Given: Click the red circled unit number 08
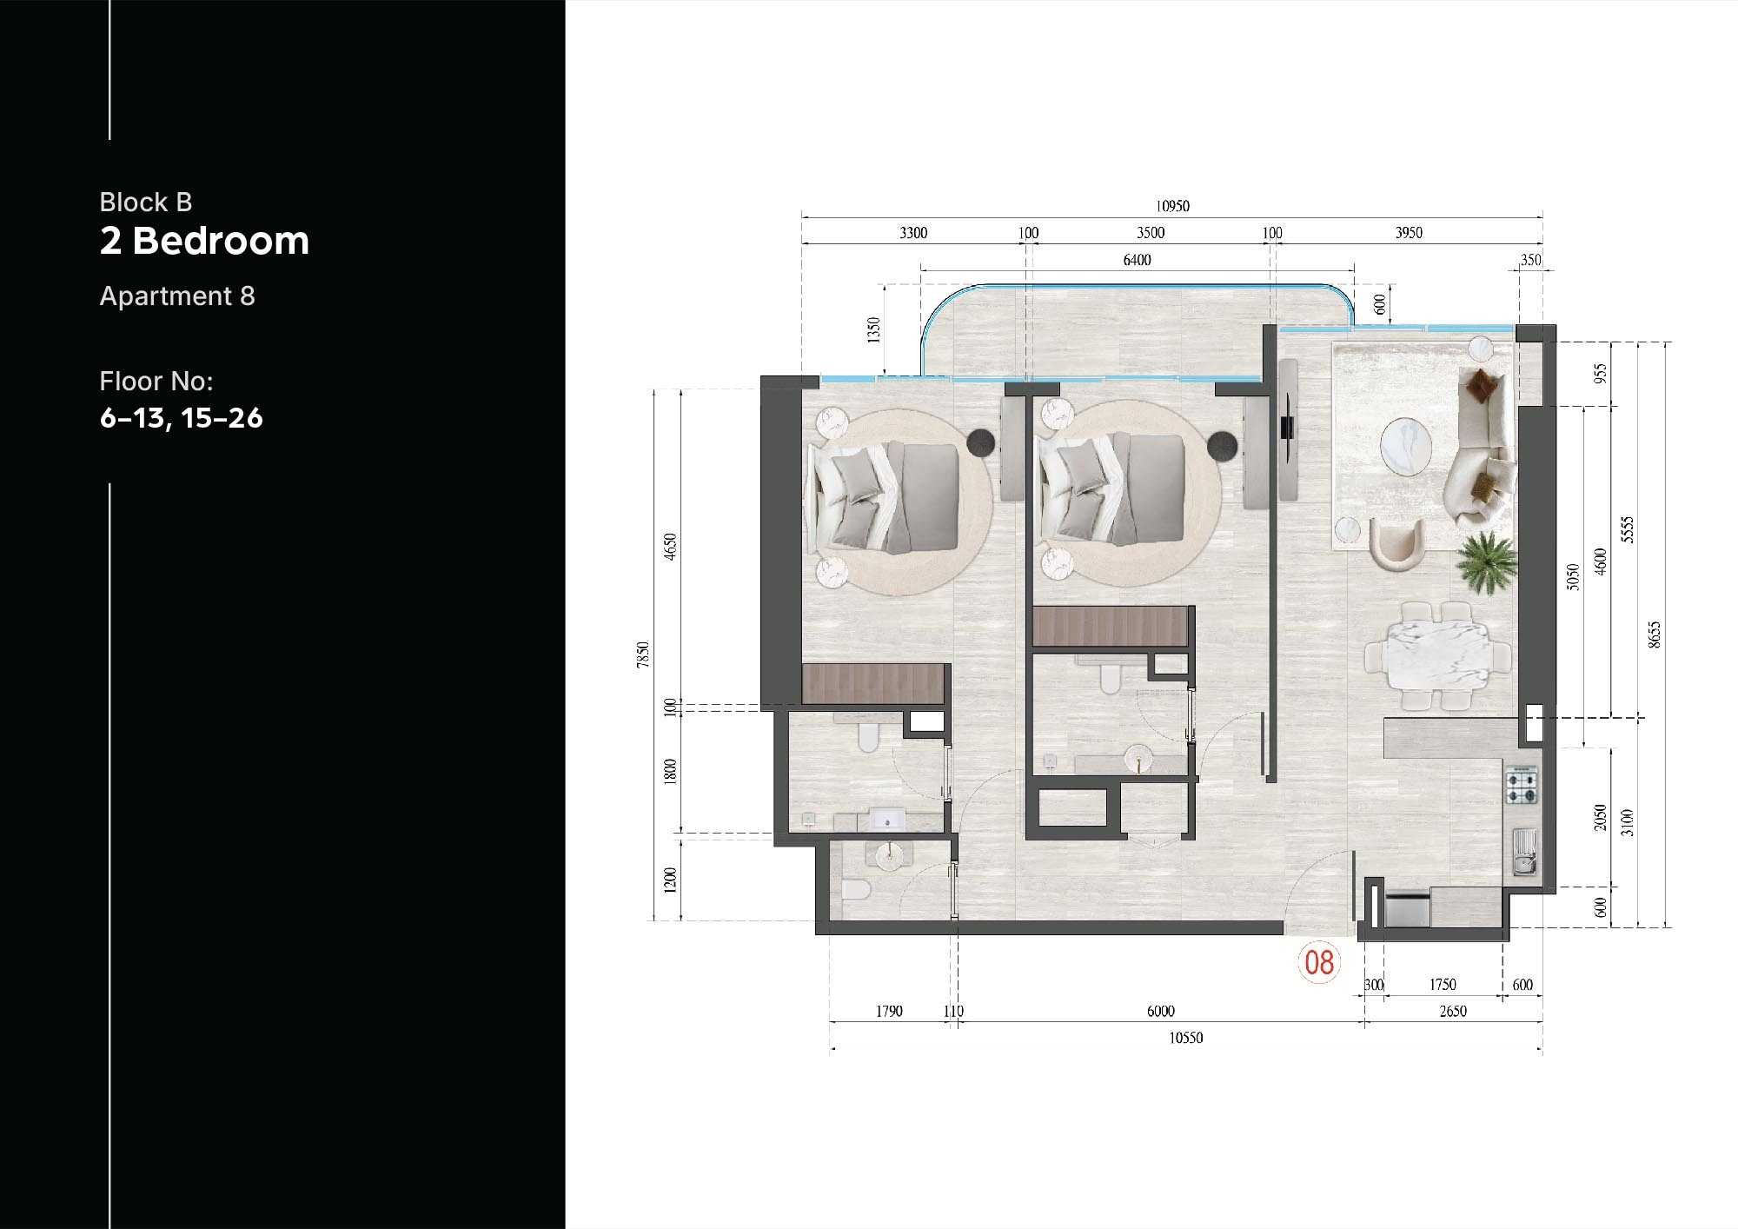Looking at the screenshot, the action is click(1319, 962).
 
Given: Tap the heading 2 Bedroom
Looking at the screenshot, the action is click(204, 241).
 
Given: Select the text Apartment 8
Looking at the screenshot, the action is click(177, 296).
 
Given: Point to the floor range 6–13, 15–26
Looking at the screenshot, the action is click(181, 418).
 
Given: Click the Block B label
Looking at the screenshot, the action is click(145, 202).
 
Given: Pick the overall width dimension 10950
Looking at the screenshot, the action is click(1172, 206).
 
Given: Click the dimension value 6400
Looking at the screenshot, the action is click(1137, 260).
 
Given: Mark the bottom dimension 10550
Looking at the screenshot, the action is click(1185, 1038).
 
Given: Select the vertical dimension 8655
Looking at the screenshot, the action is click(1655, 634).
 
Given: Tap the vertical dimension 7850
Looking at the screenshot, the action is click(642, 654).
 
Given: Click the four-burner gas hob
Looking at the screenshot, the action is click(1521, 785).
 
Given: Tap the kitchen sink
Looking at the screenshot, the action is click(1524, 852).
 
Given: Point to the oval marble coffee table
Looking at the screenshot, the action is click(1406, 447).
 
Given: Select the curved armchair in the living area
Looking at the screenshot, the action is click(1397, 543).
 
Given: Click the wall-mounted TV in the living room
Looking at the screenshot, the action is click(1287, 428).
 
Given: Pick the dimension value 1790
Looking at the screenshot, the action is click(889, 1011).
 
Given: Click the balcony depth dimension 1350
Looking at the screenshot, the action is click(874, 329).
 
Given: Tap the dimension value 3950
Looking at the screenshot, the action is click(1409, 233).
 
